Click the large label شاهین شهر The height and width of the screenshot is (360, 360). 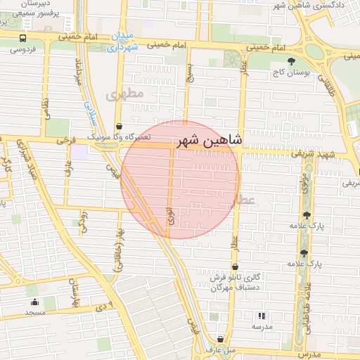coord(210,140)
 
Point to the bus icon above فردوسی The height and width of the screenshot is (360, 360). coord(22,39)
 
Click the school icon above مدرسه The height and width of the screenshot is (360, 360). coord(262,316)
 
